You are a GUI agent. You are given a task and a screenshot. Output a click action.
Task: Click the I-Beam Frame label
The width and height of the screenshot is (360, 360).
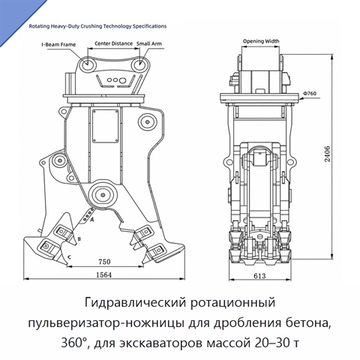point(58,44)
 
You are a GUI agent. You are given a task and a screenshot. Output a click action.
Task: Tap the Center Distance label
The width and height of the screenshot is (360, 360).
point(113,43)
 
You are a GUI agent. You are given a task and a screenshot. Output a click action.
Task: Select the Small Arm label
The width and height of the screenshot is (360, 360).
point(149,43)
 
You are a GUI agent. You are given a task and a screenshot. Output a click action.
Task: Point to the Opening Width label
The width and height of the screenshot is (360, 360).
point(261,41)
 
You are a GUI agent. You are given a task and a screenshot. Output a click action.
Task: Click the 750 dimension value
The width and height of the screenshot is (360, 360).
point(104,262)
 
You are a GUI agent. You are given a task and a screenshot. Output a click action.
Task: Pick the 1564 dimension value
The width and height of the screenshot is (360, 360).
point(104,274)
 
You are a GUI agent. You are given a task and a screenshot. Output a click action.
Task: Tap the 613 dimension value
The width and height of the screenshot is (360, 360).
point(259,276)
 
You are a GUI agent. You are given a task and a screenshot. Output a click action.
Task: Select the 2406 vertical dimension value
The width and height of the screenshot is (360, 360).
point(327,154)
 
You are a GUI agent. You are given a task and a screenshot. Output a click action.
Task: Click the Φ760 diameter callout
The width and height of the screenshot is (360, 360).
point(310,94)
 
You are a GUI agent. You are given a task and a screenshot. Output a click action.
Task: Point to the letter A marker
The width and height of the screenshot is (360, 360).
point(92,220)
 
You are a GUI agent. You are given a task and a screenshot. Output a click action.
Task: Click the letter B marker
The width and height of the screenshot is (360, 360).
point(79,239)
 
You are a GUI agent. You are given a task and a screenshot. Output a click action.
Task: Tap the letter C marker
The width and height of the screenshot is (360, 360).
point(70,256)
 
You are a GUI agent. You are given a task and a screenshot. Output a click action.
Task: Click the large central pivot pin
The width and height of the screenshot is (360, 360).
point(103,195)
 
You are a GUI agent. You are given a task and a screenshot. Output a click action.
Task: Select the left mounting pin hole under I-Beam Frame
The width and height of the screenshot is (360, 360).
point(87,63)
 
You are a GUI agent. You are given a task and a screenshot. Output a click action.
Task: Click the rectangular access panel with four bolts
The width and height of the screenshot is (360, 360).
point(105,126)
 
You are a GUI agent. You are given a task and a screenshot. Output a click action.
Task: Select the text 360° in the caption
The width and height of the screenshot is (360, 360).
point(76,343)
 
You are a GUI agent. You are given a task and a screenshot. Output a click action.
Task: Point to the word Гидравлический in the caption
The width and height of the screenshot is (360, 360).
point(136,303)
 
